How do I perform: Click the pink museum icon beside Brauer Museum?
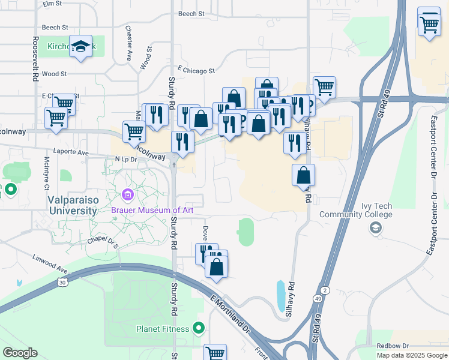(x=127, y=195)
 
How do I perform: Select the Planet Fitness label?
(x=163, y=329)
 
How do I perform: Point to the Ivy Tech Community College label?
(x=364, y=210)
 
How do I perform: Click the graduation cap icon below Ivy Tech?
(x=375, y=227)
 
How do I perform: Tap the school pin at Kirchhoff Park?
(x=80, y=47)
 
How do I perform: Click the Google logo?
(x=20, y=353)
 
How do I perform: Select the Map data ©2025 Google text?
(x=412, y=355)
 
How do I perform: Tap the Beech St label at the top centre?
(x=191, y=13)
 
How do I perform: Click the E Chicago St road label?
(x=196, y=71)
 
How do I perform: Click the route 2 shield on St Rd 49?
(x=325, y=290)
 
